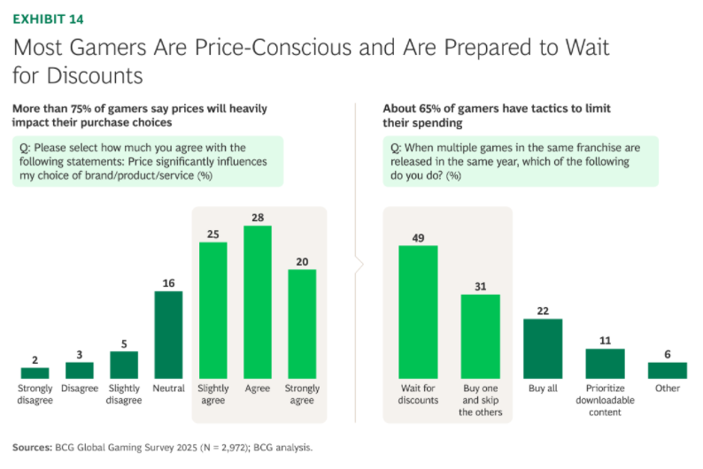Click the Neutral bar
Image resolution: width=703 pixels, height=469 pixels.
(x=168, y=334)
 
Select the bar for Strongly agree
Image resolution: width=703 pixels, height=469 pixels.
(x=302, y=323)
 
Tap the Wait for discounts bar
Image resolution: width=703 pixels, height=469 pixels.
(x=418, y=311)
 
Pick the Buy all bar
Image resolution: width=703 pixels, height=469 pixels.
(x=543, y=348)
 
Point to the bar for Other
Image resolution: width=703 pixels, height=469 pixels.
(x=667, y=370)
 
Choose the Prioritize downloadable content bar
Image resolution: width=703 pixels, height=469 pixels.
(x=605, y=363)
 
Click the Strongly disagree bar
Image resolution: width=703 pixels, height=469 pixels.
(x=35, y=373)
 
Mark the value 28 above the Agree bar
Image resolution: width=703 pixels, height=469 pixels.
(x=258, y=218)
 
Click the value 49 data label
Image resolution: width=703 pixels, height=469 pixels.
(x=418, y=237)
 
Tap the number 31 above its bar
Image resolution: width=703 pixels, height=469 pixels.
(x=480, y=286)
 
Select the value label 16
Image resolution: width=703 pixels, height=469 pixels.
(x=168, y=283)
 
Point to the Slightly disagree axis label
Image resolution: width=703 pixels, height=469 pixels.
(x=124, y=394)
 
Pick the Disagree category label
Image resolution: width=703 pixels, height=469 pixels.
(x=80, y=388)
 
